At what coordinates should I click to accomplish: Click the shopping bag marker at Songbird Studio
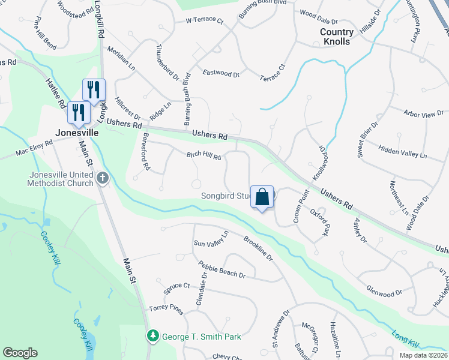tap(262, 197)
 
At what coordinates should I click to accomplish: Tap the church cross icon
tap(103, 178)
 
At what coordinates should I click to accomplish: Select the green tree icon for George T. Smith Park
tap(153, 337)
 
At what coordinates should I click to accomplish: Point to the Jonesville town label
tap(76, 132)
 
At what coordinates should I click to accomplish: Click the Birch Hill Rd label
tap(203, 155)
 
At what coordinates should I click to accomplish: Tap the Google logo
tap(20, 353)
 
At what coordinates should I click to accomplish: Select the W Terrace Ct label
tap(204, 20)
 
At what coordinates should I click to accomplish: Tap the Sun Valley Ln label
tap(211, 239)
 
